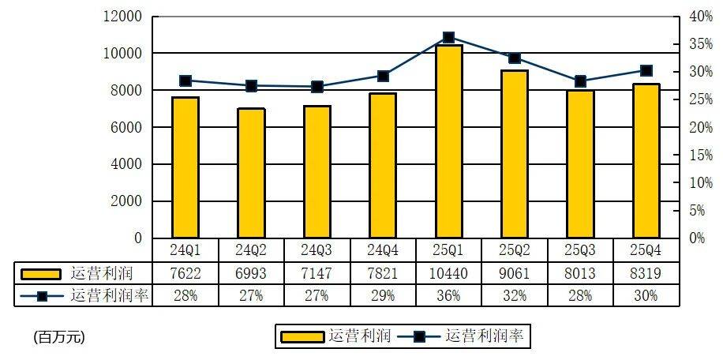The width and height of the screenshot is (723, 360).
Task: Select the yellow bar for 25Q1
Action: pyautogui.click(x=448, y=142)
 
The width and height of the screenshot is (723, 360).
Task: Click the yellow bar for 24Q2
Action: pyautogui.click(x=251, y=174)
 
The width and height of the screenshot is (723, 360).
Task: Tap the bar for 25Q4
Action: pyautogui.click(x=646, y=161)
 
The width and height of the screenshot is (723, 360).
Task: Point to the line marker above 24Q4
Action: pyautogui.click(x=383, y=76)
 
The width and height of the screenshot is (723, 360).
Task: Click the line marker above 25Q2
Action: pyautogui.click(x=515, y=58)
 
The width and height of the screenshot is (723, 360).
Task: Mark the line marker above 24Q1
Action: pyautogui.click(x=185, y=81)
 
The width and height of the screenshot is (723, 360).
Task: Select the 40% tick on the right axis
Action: pyautogui.click(x=701, y=17)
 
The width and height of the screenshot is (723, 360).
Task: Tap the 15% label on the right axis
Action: pyautogui.click(x=701, y=155)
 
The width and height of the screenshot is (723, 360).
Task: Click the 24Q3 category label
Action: pyautogui.click(x=317, y=250)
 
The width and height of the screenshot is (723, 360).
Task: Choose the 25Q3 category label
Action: pyautogui.click(x=580, y=250)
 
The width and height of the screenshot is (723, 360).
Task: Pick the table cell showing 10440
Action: pyautogui.click(x=448, y=273)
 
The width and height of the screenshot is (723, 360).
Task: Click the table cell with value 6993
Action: pyautogui.click(x=251, y=273)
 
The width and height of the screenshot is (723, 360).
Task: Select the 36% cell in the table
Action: pyautogui.click(x=448, y=295)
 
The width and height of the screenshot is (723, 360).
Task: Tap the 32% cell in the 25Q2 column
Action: pyautogui.click(x=515, y=295)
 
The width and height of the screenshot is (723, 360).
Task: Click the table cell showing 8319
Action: pyautogui.click(x=646, y=273)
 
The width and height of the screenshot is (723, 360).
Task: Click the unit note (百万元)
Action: pyautogui.click(x=58, y=337)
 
